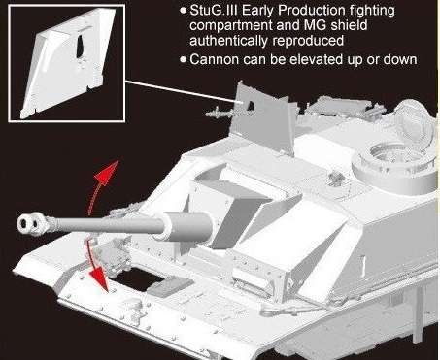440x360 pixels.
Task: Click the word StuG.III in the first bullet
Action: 214,11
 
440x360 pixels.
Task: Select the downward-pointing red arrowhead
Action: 99,278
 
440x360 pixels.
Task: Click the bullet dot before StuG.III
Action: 184,11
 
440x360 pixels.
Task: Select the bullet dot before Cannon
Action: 184,60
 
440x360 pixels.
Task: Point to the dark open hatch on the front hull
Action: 136,278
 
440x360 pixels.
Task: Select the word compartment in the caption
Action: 231,26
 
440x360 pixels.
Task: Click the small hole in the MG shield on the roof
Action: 251,106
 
